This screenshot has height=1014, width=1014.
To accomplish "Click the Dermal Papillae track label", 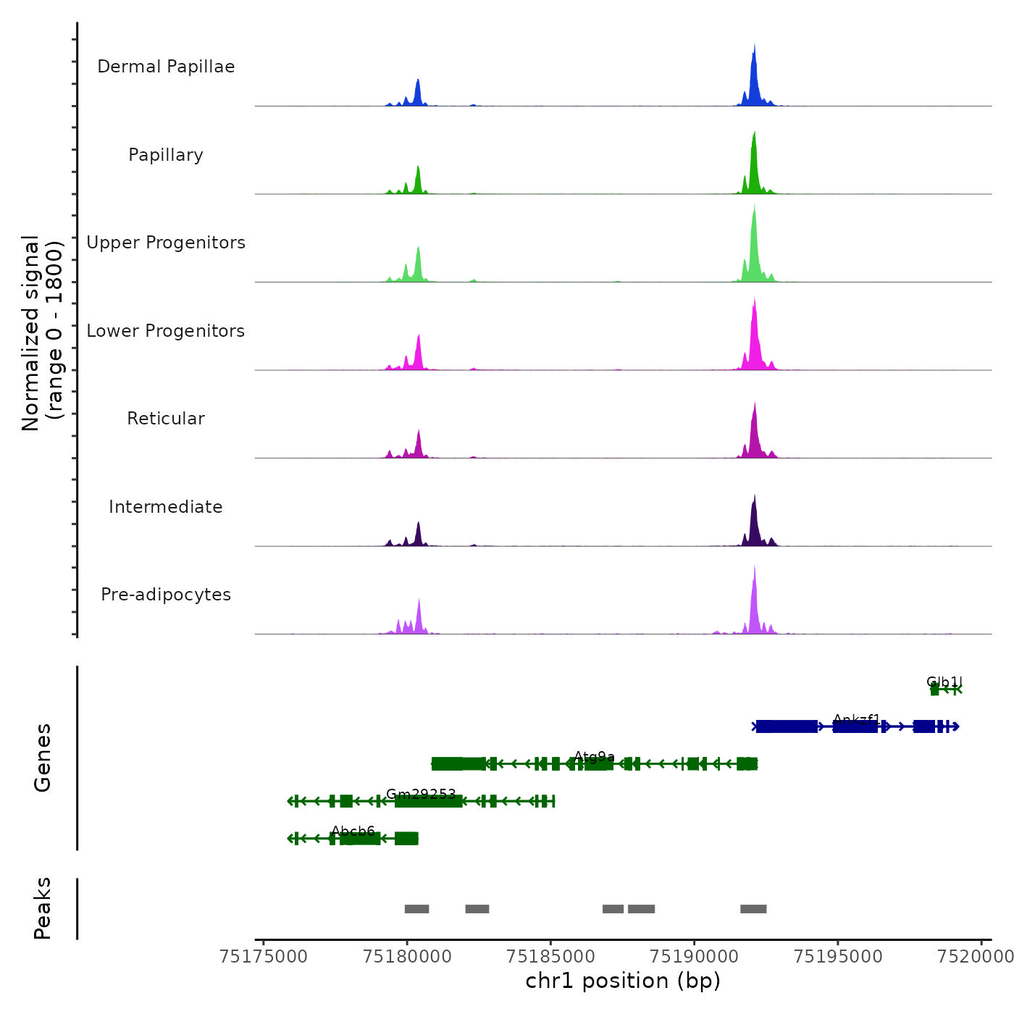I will pos(166,67).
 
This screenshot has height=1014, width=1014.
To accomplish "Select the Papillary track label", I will pos(166,155).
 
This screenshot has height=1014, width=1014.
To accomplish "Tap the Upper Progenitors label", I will pos(166,243).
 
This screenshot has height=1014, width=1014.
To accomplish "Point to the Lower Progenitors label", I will pos(166,331).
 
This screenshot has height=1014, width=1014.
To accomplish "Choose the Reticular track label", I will pos(166,419).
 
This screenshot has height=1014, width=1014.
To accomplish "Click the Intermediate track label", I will pos(166,507).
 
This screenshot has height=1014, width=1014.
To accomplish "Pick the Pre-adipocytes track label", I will pos(166,595).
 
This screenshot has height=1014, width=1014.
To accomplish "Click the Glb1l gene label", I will pos(944,682).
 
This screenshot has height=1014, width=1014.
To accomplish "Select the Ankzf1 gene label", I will pos(857,719).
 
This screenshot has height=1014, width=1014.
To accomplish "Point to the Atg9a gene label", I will pos(595,757).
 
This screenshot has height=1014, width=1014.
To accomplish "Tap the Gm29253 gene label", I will pos(421,794).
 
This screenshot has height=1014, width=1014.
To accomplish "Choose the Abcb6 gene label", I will pos(353,831).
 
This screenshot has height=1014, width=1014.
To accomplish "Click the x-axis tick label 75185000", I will pos(551,957).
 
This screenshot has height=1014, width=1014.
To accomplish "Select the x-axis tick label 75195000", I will pos(838,957).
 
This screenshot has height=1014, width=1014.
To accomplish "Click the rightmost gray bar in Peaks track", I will pos(753,909).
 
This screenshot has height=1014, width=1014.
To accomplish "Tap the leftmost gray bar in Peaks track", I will pos(416,909).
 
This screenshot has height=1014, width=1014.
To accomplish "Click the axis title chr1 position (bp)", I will pos(623,981).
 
